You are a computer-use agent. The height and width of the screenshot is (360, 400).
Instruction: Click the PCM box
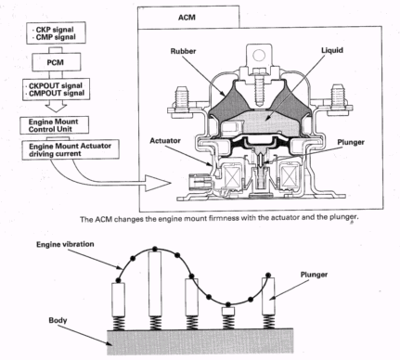(x=57, y=62)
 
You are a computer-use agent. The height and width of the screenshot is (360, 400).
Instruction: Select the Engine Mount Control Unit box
(x=55, y=125)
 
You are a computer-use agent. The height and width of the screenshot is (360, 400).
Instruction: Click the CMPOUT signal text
(x=57, y=93)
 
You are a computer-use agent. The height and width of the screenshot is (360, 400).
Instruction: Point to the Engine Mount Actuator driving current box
(x=71, y=150)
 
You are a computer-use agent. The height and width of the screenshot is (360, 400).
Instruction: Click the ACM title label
(x=187, y=18)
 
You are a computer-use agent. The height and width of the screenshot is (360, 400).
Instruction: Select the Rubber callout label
(x=183, y=51)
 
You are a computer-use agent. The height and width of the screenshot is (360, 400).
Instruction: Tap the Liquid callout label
(x=332, y=50)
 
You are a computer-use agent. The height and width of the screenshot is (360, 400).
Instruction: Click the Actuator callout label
(x=165, y=141)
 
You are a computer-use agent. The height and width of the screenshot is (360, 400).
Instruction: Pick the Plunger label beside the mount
(x=351, y=142)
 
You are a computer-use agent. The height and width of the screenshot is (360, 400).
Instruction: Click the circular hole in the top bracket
(x=259, y=56)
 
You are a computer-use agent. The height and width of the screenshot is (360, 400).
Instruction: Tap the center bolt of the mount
(x=260, y=85)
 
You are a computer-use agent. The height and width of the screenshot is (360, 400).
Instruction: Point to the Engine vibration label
(x=65, y=244)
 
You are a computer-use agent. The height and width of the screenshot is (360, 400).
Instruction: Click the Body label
(x=58, y=320)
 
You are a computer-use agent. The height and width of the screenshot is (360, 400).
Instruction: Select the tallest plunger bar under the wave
(x=155, y=284)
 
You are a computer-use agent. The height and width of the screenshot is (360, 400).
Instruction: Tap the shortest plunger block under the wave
(x=228, y=311)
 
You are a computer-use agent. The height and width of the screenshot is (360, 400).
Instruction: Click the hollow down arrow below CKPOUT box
(x=56, y=107)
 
